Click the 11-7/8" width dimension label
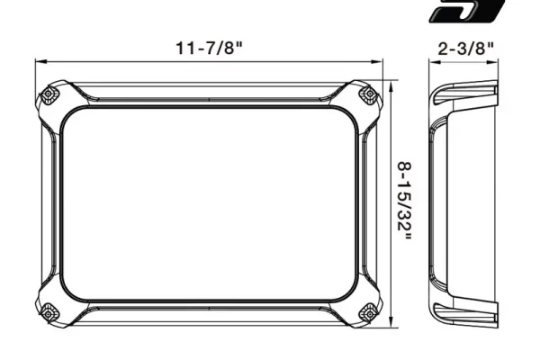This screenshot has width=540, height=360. (210, 48)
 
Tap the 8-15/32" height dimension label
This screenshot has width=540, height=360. (405, 202)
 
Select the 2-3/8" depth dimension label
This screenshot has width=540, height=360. (465, 49)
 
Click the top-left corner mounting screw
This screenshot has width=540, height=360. (49, 94)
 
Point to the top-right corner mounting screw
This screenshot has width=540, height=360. (370, 94)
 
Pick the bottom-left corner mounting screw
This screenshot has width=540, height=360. (49, 313)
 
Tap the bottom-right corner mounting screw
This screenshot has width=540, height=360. (370, 313)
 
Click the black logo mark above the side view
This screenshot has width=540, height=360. (467, 11)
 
